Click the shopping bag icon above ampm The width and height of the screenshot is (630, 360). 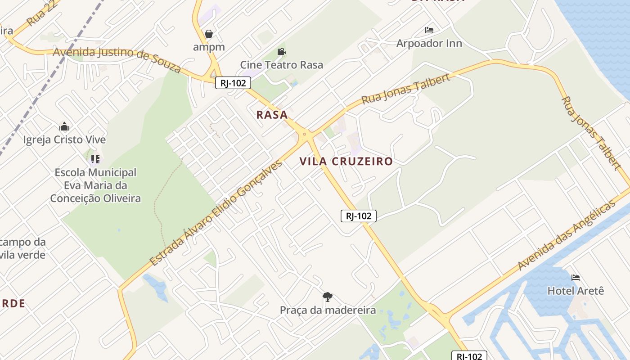[209, 34]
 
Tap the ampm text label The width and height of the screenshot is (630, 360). [209, 47]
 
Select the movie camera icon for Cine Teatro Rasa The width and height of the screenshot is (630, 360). [282, 52]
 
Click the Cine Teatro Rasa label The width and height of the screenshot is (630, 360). [282, 65]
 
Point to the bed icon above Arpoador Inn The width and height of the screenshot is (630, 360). [429, 30]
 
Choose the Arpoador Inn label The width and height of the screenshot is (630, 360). [429, 43]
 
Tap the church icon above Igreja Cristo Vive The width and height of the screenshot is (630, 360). [64, 126]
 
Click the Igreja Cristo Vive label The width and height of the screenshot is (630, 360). [64, 139]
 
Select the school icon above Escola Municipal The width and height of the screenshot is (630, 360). [95, 159]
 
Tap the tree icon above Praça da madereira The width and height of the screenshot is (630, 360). [328, 297]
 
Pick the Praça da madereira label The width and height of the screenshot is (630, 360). [328, 310]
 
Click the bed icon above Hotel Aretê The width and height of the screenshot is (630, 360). [576, 278]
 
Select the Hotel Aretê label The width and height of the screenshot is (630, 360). [576, 291]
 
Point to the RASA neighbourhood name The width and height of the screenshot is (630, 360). [272, 115]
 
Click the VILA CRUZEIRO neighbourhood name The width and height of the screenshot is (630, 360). [346, 162]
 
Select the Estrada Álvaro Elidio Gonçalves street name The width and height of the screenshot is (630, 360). [216, 212]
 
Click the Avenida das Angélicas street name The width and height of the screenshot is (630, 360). [566, 236]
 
